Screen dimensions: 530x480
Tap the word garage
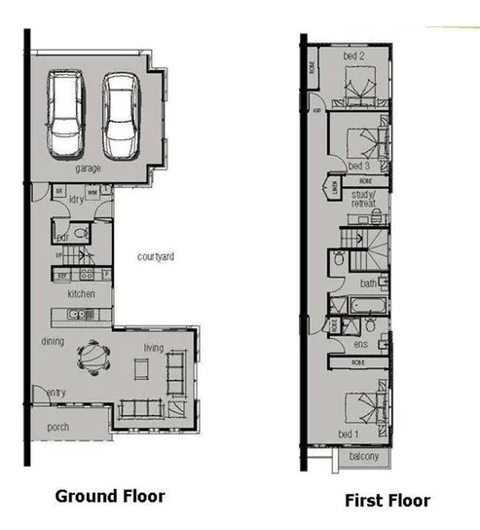click(x=89, y=169)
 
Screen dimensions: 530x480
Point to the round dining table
click(x=89, y=356)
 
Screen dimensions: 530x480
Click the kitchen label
click(x=80, y=293)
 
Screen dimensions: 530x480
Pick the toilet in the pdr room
click(x=81, y=235)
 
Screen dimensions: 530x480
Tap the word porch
click(x=58, y=428)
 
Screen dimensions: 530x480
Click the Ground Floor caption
click(x=109, y=495)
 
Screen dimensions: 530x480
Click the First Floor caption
click(x=387, y=501)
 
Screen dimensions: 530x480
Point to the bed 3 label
click(x=357, y=166)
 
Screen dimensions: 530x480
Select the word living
click(x=154, y=348)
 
